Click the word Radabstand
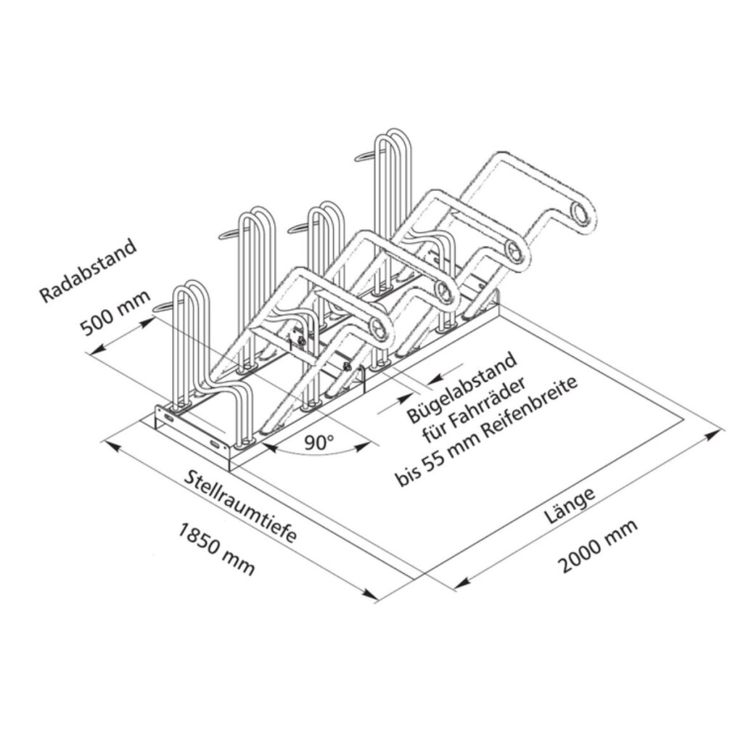89,271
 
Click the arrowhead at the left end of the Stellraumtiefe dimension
112,442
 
